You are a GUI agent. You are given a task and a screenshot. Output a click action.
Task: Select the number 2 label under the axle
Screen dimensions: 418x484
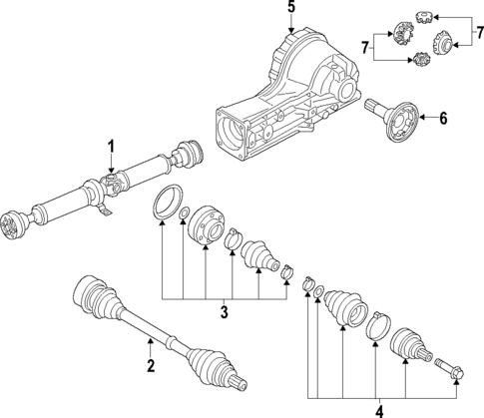pos(151,366)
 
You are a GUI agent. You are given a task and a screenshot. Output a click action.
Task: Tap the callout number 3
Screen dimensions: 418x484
pos(225,312)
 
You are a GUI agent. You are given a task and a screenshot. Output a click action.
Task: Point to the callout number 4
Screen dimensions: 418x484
pos(378,407)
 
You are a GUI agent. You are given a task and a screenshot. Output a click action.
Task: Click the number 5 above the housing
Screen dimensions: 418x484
pos(291,10)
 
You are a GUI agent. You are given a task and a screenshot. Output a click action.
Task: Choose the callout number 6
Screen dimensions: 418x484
pos(443,119)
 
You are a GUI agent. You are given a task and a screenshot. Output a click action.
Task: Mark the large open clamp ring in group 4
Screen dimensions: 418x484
pos(378,324)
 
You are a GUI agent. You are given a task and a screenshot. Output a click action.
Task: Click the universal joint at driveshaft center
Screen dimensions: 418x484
pos(121,183)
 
